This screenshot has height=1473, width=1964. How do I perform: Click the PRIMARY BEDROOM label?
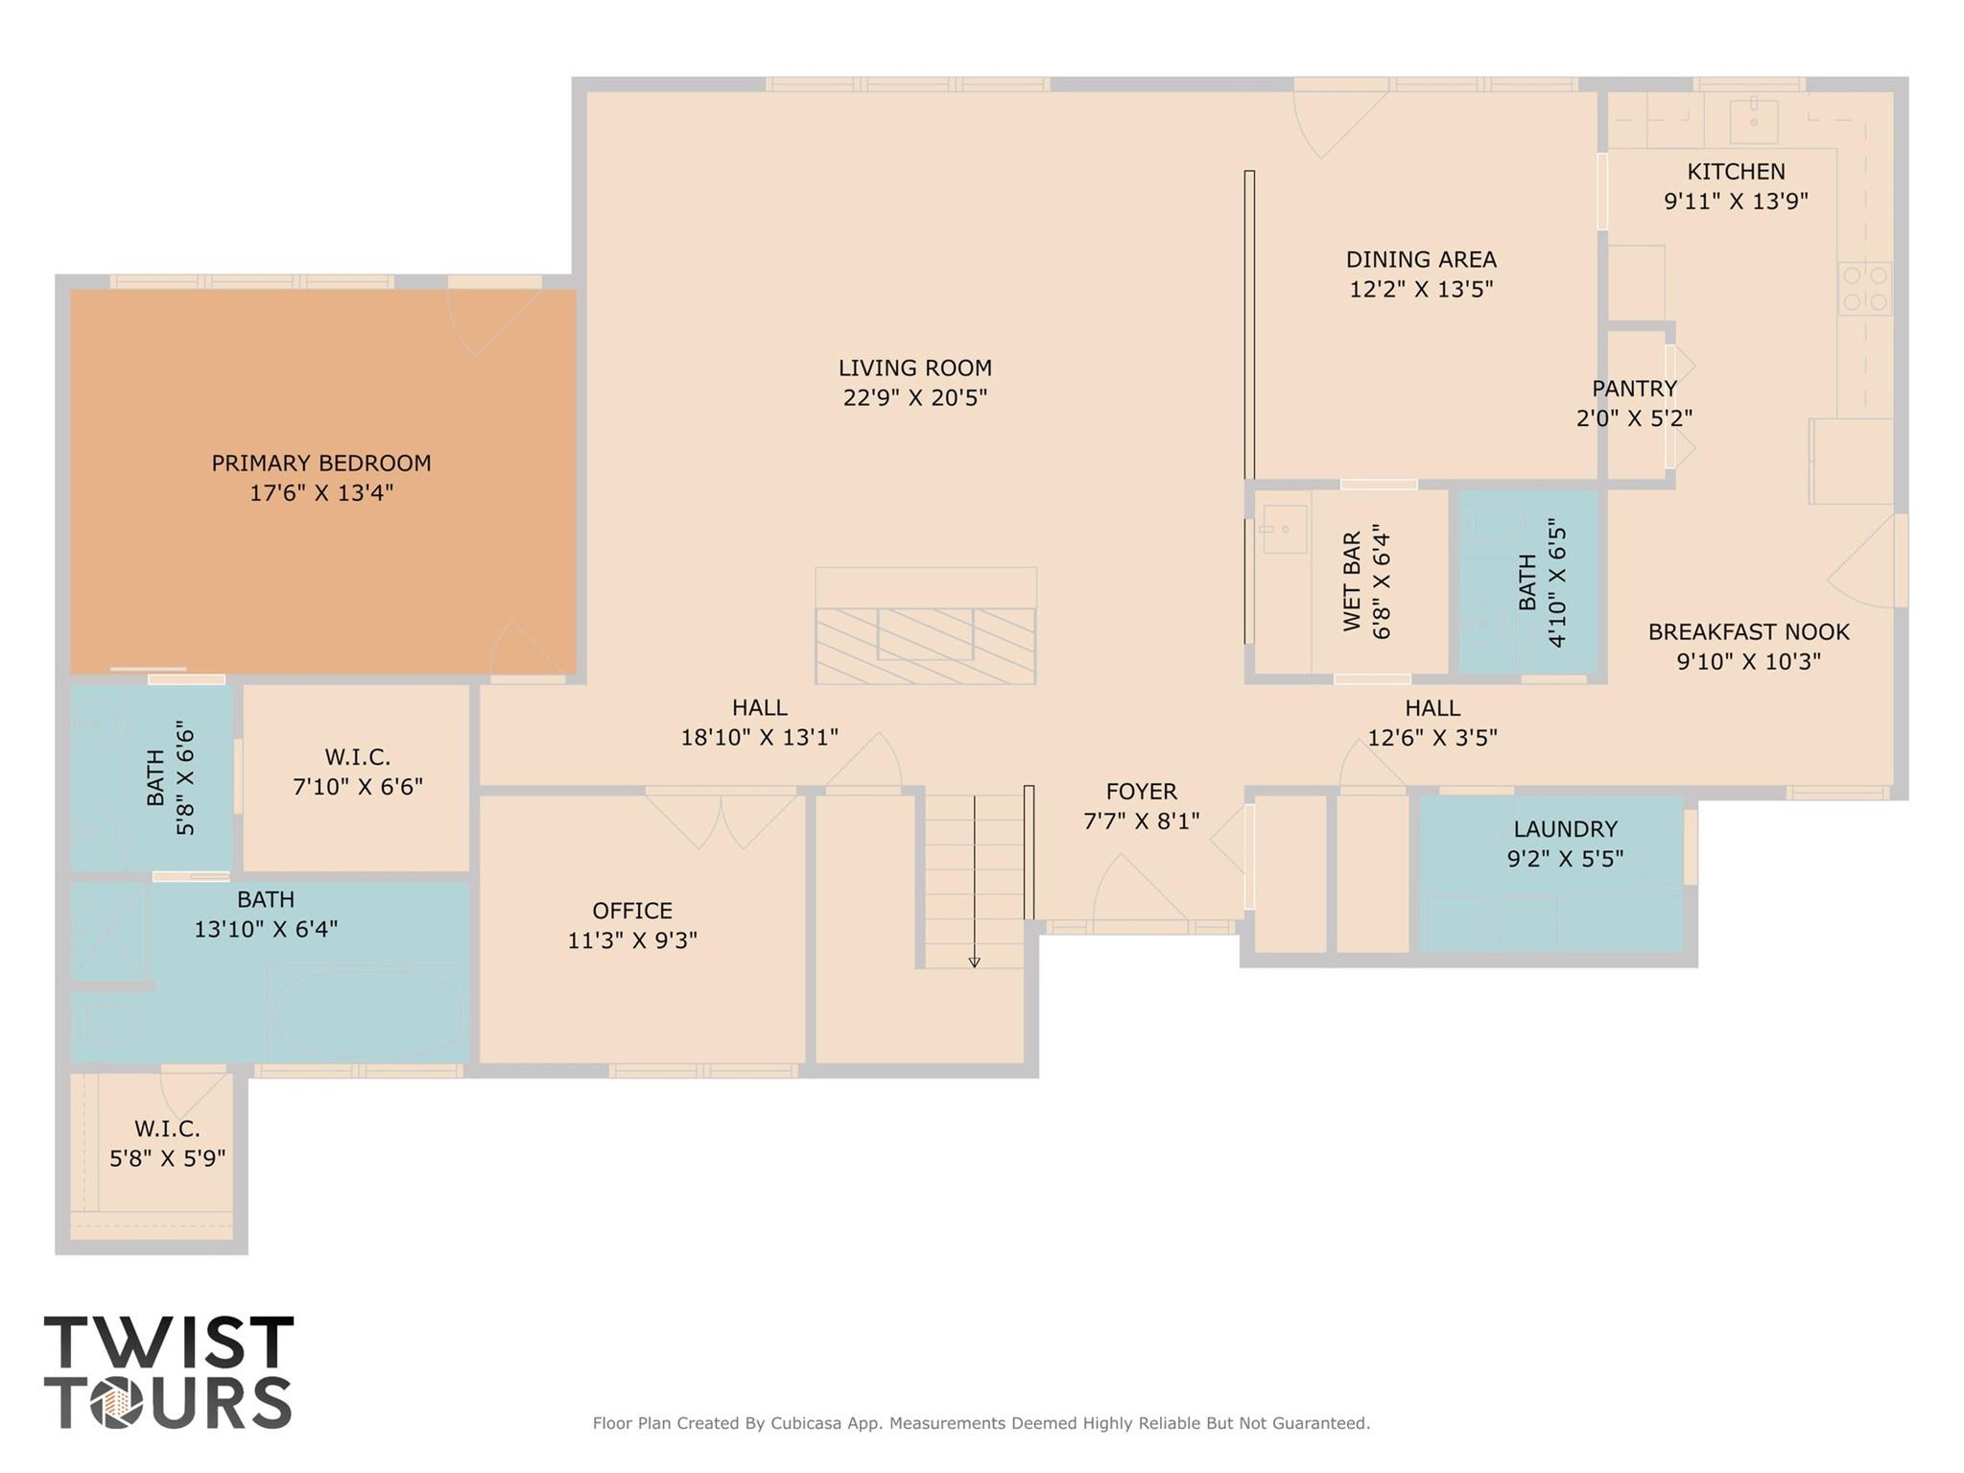tap(321, 463)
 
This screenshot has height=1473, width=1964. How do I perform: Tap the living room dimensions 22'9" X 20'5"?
tap(915, 397)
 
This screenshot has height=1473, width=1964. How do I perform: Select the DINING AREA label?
tap(1421, 259)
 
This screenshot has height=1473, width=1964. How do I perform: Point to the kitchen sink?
tap(1754, 121)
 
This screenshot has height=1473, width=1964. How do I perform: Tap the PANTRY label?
tap(1635, 389)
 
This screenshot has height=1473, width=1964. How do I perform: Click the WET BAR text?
tap(1352, 582)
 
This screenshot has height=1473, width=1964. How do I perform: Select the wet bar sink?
tap(1284, 530)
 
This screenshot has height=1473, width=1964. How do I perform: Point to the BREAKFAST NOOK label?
tap(1749, 631)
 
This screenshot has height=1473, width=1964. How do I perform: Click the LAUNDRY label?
tap(1566, 828)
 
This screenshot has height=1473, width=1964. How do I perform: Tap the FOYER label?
tap(1142, 791)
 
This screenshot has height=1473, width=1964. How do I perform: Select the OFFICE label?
tap(632, 910)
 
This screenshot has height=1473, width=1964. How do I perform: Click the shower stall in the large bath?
tap(107, 930)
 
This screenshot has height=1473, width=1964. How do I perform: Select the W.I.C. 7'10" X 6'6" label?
tap(358, 772)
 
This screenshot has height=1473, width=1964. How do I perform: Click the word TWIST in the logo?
tap(169, 1342)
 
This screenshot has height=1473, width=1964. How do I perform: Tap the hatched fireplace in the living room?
tap(926, 645)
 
